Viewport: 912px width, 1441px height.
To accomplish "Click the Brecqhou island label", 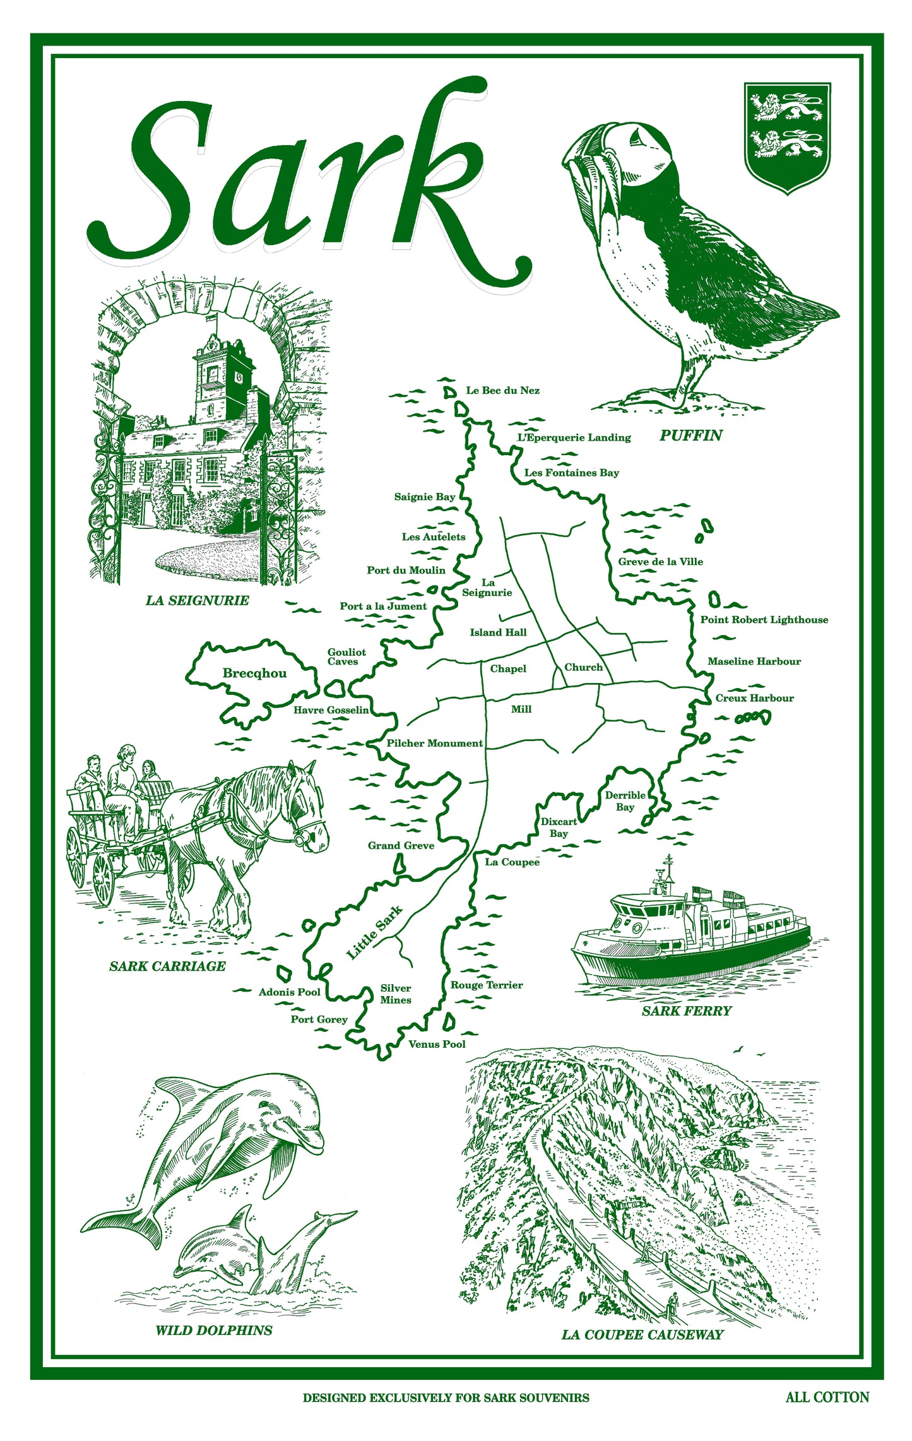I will pos(254,673).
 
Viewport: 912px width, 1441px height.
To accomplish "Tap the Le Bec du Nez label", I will pos(502,391).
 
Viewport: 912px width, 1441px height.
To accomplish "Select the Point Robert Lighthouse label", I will pos(764,620).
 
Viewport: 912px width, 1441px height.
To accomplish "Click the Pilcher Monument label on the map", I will pos(434,744).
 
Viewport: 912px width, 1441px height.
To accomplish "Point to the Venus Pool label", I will pos(437,1045).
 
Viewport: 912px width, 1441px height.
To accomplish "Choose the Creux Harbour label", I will pos(754,698).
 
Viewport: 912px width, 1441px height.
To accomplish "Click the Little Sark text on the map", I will pos(374,933).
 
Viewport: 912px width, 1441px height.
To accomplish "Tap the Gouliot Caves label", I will pos(346,656).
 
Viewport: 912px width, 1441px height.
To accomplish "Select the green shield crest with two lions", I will pos(786,136).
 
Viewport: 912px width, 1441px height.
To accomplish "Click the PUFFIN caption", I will pos(690,436).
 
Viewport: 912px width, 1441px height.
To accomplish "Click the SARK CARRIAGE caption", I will pos(167,966).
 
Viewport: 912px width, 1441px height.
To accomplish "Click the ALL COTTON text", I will pos(827,1397).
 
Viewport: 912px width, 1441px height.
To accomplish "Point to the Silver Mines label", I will pos(396,994).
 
